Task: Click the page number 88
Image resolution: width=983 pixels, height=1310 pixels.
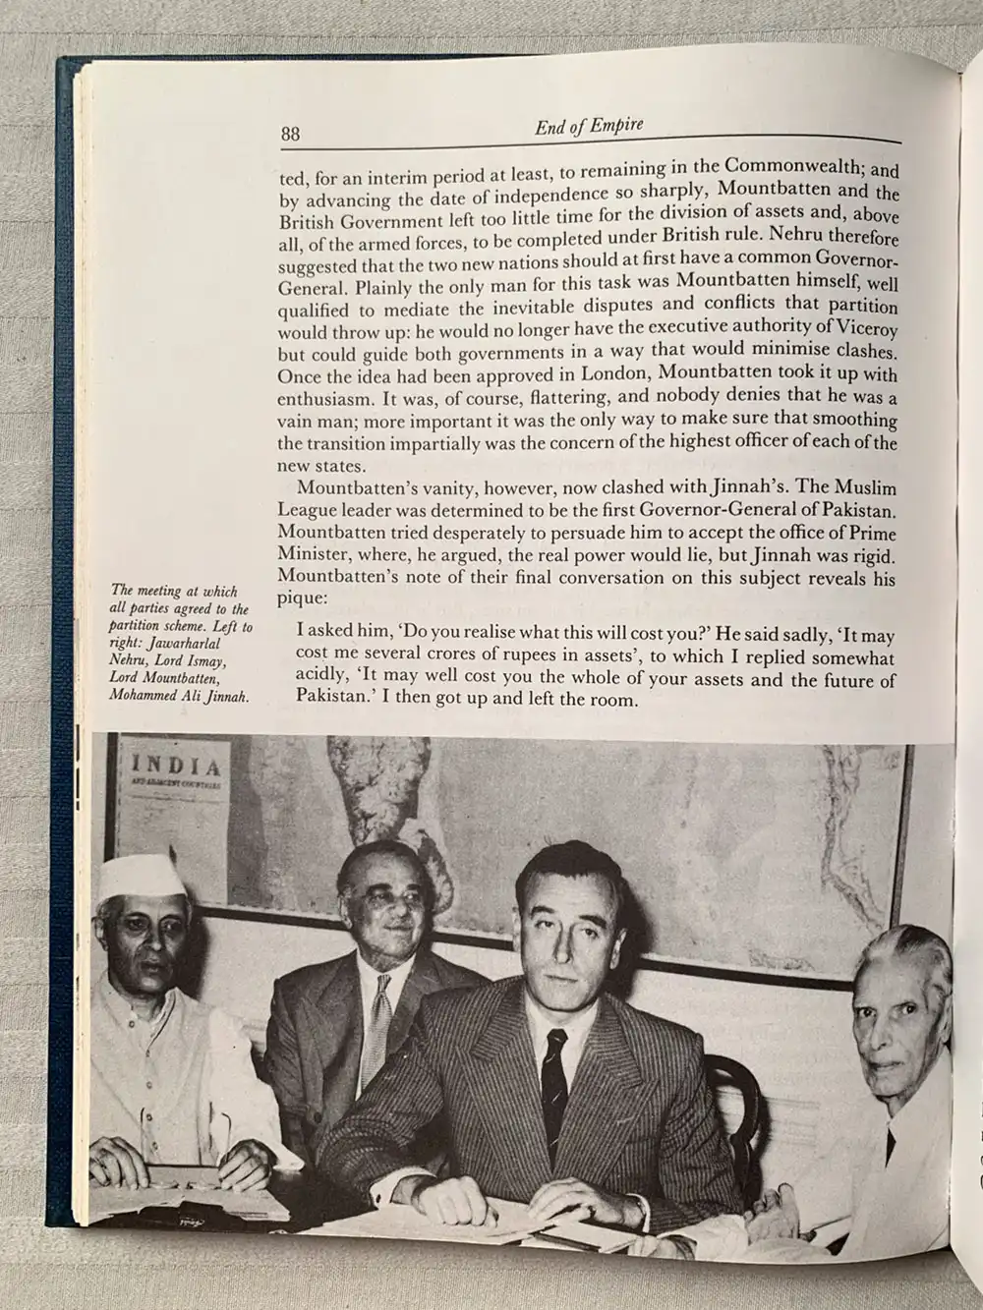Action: click(289, 134)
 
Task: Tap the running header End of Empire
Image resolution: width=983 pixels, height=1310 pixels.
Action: click(588, 126)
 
